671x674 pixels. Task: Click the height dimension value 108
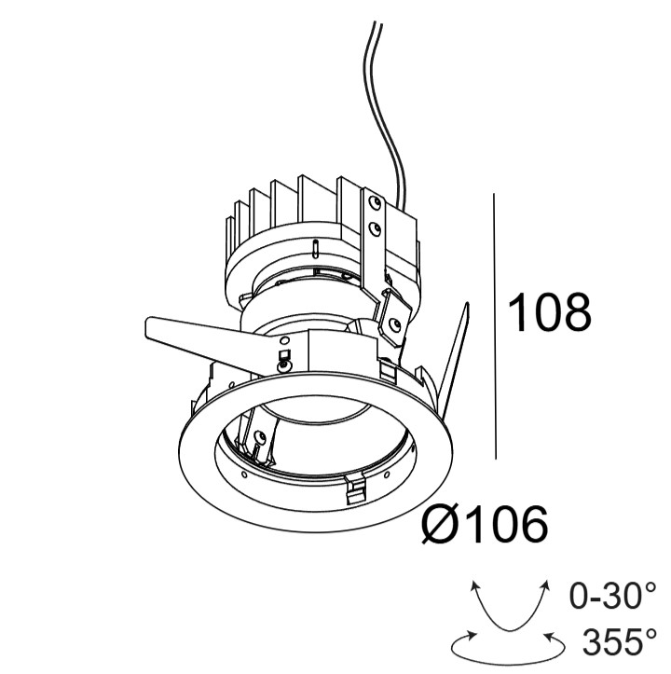coord(549,312)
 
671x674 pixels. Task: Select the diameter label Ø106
coord(485,524)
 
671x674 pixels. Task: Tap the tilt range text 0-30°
coord(613,596)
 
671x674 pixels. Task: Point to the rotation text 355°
coord(620,640)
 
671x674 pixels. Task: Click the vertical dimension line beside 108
coord(495,326)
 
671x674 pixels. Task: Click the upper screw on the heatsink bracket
coord(376,201)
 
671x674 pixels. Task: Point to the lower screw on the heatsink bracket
coord(375,228)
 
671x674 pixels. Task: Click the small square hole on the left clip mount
coord(284,354)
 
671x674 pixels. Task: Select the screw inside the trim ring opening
coord(260,436)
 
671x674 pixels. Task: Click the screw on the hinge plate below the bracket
coord(393,323)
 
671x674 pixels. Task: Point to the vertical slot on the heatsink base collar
coord(316,249)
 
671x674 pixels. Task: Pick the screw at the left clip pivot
coord(282,366)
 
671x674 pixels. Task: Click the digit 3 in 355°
coord(594,641)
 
